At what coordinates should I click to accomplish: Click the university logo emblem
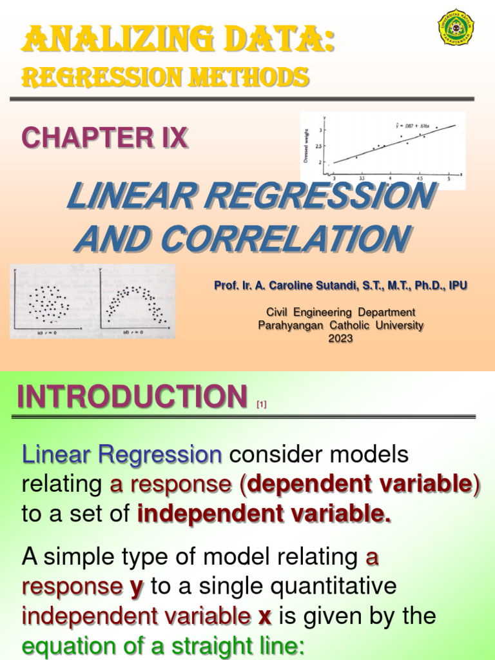click(456, 26)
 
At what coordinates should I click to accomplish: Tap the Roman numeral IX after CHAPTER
click(173, 137)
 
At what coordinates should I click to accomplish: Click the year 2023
click(340, 338)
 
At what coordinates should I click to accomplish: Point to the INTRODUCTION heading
click(132, 396)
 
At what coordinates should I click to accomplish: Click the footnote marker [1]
click(261, 405)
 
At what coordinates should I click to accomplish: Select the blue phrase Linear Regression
click(122, 455)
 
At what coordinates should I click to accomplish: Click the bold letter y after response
click(137, 587)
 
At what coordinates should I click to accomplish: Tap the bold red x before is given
click(264, 617)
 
